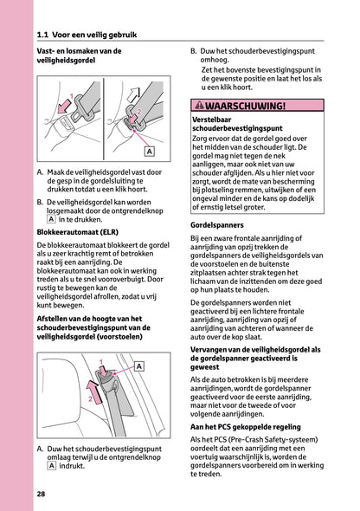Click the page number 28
pos(42,494)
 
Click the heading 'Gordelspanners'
pos(216,224)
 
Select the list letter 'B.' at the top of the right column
pos(195,52)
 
